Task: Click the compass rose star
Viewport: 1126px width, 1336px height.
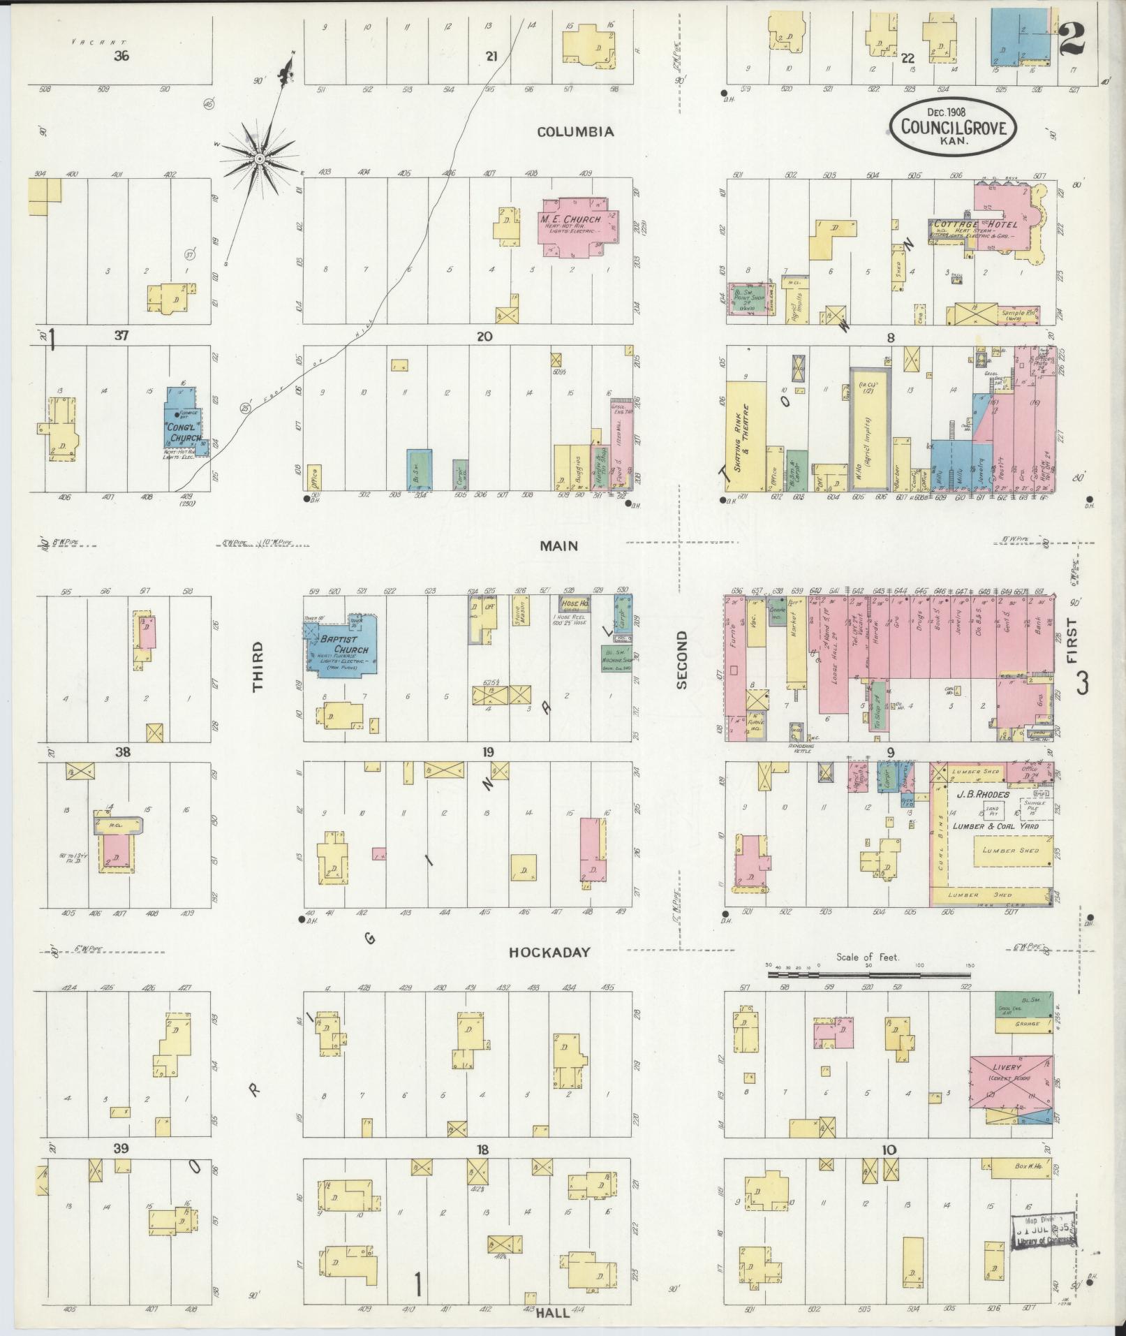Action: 260,159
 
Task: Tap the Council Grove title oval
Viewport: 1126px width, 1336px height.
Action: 952,126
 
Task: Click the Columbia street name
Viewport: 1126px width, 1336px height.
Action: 576,131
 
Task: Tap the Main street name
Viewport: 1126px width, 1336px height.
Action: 559,545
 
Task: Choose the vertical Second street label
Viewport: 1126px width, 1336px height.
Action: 681,660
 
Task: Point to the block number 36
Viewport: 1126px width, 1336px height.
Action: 122,57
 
